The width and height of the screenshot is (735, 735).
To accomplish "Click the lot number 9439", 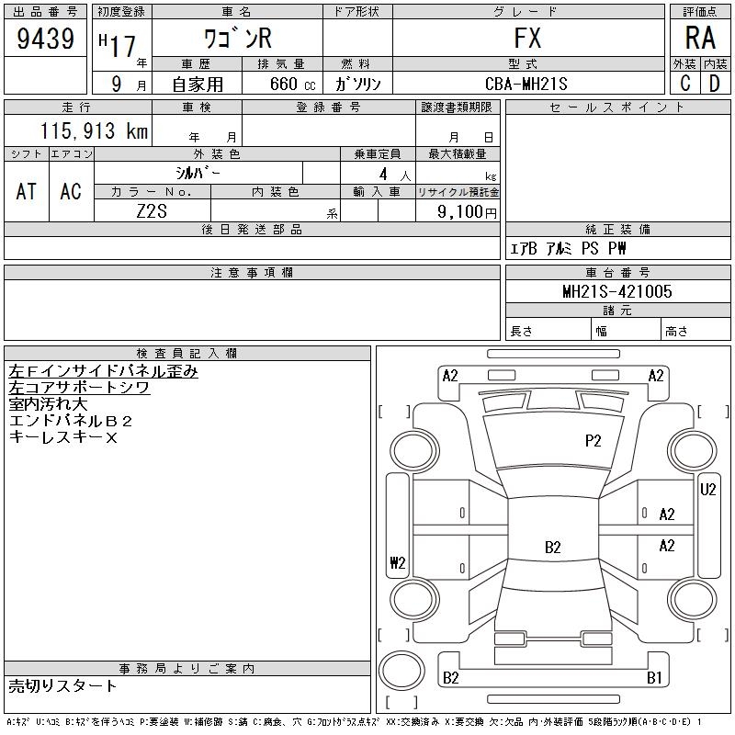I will (x=46, y=39).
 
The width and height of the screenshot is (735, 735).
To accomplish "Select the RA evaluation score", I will (x=700, y=39).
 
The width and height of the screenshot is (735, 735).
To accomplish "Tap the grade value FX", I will (x=527, y=39).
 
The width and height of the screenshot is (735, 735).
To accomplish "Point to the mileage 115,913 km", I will (x=94, y=131).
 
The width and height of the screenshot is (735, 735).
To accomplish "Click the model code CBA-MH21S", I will (x=528, y=84).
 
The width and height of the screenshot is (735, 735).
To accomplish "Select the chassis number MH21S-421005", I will (x=617, y=291).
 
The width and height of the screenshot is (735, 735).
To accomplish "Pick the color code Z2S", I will (x=152, y=210).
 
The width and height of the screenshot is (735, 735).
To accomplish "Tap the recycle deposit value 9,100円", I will (x=467, y=211).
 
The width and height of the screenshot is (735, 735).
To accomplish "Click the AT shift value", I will (x=27, y=191).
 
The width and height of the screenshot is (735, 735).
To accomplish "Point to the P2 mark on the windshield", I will (x=593, y=441).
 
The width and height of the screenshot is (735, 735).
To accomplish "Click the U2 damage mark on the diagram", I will (x=707, y=490).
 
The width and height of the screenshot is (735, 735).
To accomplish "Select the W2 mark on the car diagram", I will (x=397, y=563).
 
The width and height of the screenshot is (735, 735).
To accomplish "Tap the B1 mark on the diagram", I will (x=654, y=678).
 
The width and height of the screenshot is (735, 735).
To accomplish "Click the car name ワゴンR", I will (x=237, y=39).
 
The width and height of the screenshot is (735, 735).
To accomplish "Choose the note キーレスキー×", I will (x=62, y=437).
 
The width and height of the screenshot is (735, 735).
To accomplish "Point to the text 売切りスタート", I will (x=62, y=685).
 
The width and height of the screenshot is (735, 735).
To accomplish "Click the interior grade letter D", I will (x=714, y=84).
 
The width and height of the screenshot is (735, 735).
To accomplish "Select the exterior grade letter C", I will (x=684, y=84).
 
